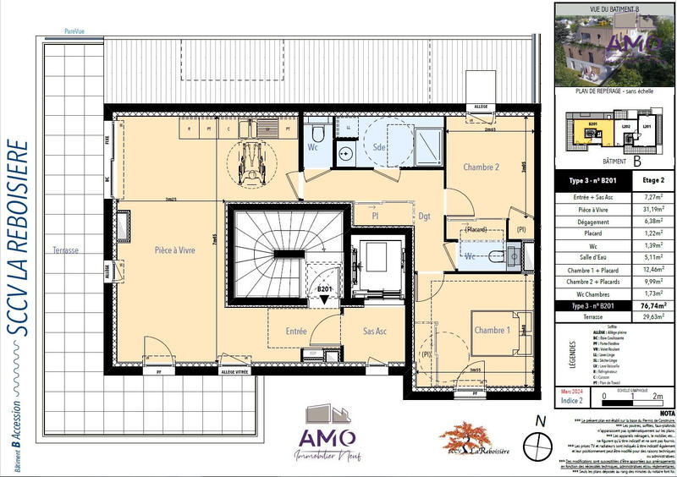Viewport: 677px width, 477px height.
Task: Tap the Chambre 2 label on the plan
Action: point(481,167)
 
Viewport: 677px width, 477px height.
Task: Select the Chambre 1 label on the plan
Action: point(492,330)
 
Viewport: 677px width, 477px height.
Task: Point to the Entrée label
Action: point(296,332)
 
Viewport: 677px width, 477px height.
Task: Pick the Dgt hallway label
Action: point(424,217)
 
